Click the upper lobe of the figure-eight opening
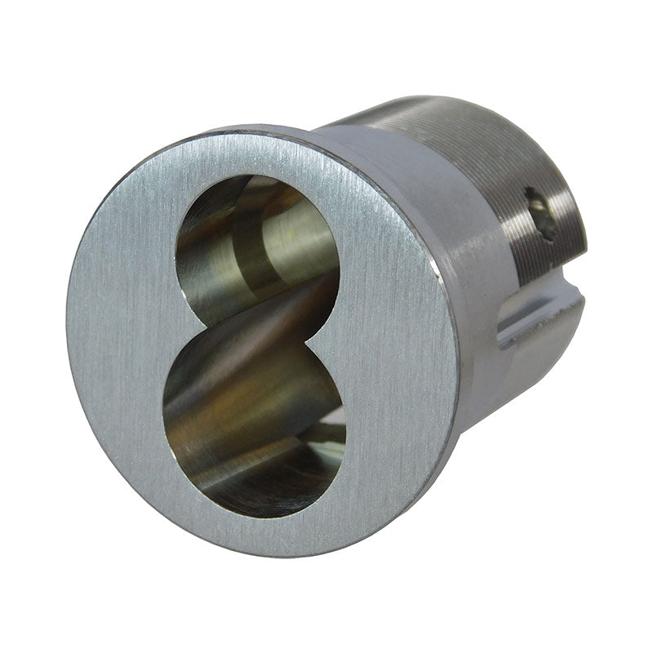(x=257, y=237)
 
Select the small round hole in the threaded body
(x=540, y=214)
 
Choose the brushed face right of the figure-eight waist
(x=392, y=326)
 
